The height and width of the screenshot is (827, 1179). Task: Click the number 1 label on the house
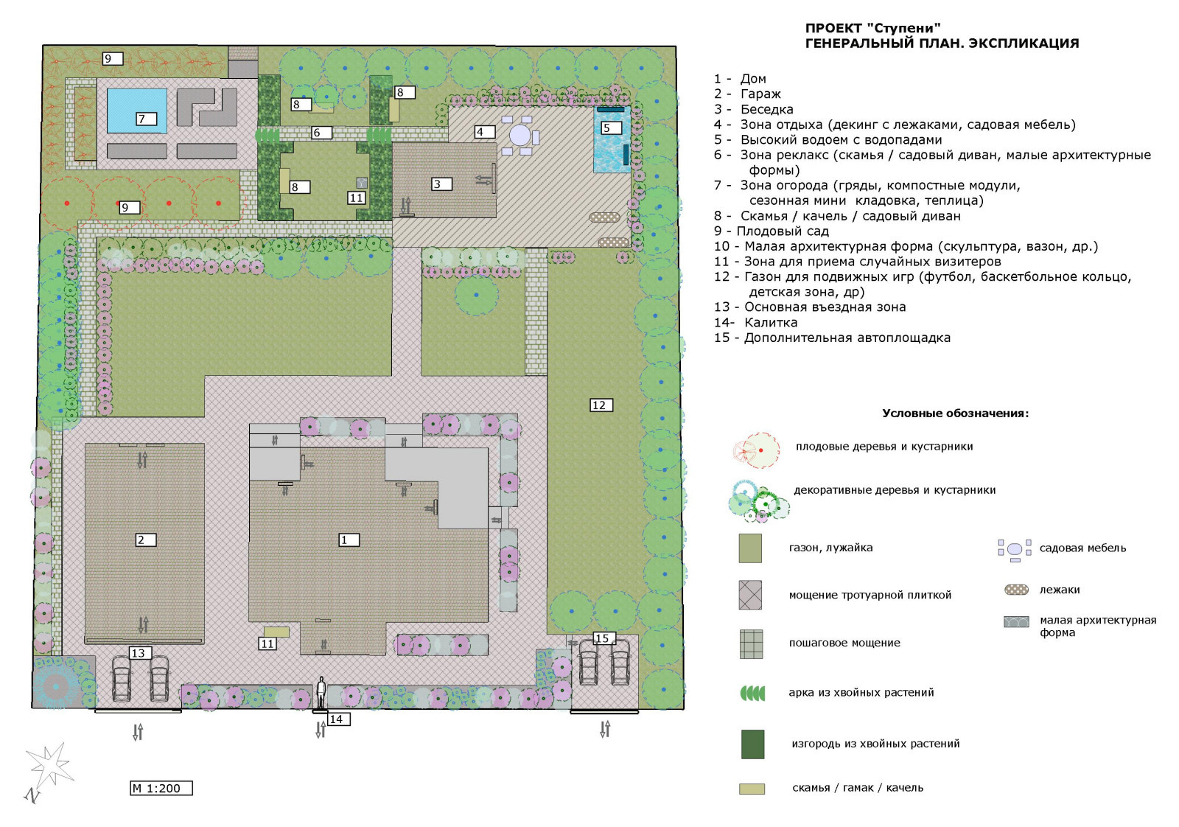pyautogui.click(x=349, y=540)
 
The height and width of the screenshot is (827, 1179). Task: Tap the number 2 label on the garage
pyautogui.click(x=145, y=540)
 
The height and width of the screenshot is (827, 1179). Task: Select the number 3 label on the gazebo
pyautogui.click(x=441, y=184)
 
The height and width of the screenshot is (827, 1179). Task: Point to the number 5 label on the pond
pyautogui.click(x=611, y=128)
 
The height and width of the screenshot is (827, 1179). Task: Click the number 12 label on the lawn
pyautogui.click(x=601, y=405)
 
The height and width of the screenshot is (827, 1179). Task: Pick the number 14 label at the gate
pyautogui.click(x=338, y=719)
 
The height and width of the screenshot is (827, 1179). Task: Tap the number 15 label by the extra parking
pyautogui.click(x=604, y=638)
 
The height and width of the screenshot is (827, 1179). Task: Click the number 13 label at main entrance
pyautogui.click(x=140, y=653)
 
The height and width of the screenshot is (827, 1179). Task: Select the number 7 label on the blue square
pyautogui.click(x=146, y=119)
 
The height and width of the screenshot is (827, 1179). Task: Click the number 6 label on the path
pyautogui.click(x=321, y=133)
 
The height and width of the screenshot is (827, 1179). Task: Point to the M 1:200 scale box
pyautogui.click(x=161, y=788)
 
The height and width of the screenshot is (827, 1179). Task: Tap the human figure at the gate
pyautogui.click(x=321, y=693)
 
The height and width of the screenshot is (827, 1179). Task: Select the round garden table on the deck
pyautogui.click(x=520, y=136)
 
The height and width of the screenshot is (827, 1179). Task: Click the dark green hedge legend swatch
pyautogui.click(x=752, y=744)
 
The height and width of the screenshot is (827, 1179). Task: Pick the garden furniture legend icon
pyautogui.click(x=1014, y=550)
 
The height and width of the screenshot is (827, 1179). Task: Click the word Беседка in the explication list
pyautogui.click(x=767, y=110)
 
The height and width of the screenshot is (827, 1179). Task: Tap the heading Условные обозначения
pyautogui.click(x=955, y=413)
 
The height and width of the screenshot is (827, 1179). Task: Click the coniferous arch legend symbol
pyautogui.click(x=752, y=694)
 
